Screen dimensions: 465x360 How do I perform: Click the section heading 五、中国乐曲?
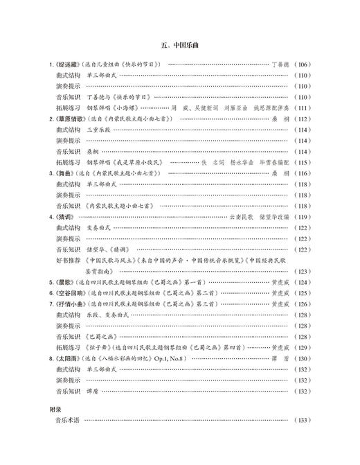(180, 46)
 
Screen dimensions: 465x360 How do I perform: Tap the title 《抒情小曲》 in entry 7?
(69, 304)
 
